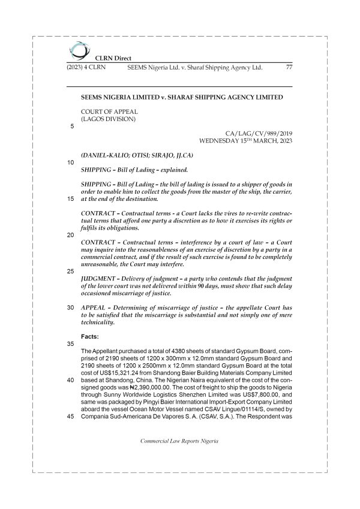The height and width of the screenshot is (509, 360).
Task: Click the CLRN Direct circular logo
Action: click(77, 49)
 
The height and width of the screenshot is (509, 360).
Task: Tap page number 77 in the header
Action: click(289, 68)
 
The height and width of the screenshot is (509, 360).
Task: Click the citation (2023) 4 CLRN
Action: click(86, 68)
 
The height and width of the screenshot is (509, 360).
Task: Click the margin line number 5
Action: click(72, 127)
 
